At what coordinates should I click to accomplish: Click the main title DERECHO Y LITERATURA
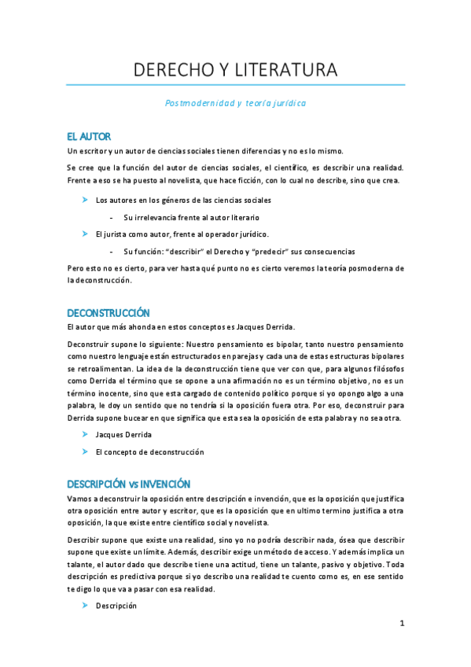(235, 70)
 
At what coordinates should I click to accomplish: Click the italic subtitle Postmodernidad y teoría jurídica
(235, 103)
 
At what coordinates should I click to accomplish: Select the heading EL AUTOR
(89, 137)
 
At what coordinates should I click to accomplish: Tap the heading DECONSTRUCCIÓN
(109, 313)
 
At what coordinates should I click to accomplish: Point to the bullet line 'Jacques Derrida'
(123, 434)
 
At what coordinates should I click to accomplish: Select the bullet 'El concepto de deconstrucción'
(149, 451)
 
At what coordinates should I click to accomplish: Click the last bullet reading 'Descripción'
(116, 606)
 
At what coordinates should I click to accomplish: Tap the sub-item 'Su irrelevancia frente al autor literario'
(191, 217)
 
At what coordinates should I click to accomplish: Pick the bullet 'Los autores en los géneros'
(183, 201)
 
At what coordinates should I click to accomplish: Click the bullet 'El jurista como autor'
(182, 234)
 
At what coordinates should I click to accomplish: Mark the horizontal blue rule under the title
(235, 85)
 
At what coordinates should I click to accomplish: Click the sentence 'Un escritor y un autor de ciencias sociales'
(205, 151)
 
